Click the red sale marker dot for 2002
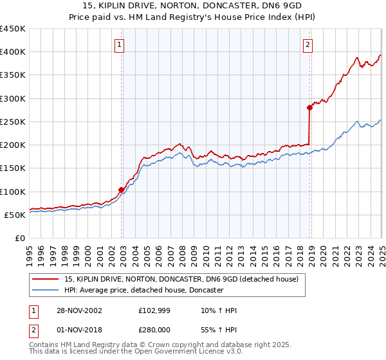click(x=122, y=190)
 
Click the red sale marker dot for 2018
click(x=309, y=108)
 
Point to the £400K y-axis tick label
click(x=13, y=52)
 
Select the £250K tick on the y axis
click(x=13, y=122)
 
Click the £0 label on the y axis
click(x=19, y=238)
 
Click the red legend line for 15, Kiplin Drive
click(x=46, y=280)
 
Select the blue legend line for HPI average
click(x=46, y=291)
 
